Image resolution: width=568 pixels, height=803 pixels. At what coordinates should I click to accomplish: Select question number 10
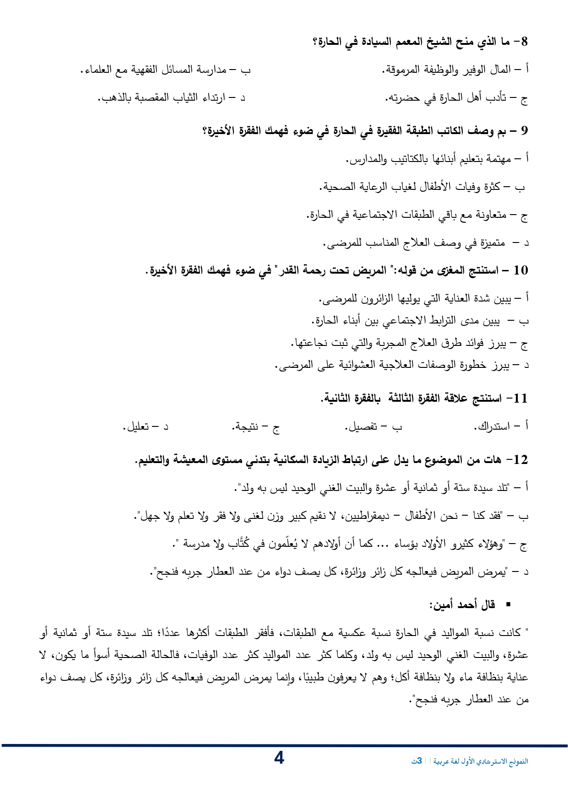tap(521, 270)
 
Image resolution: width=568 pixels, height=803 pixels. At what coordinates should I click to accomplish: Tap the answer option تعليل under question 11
tap(137, 427)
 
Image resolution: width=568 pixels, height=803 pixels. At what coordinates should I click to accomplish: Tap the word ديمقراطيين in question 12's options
tap(368, 516)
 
